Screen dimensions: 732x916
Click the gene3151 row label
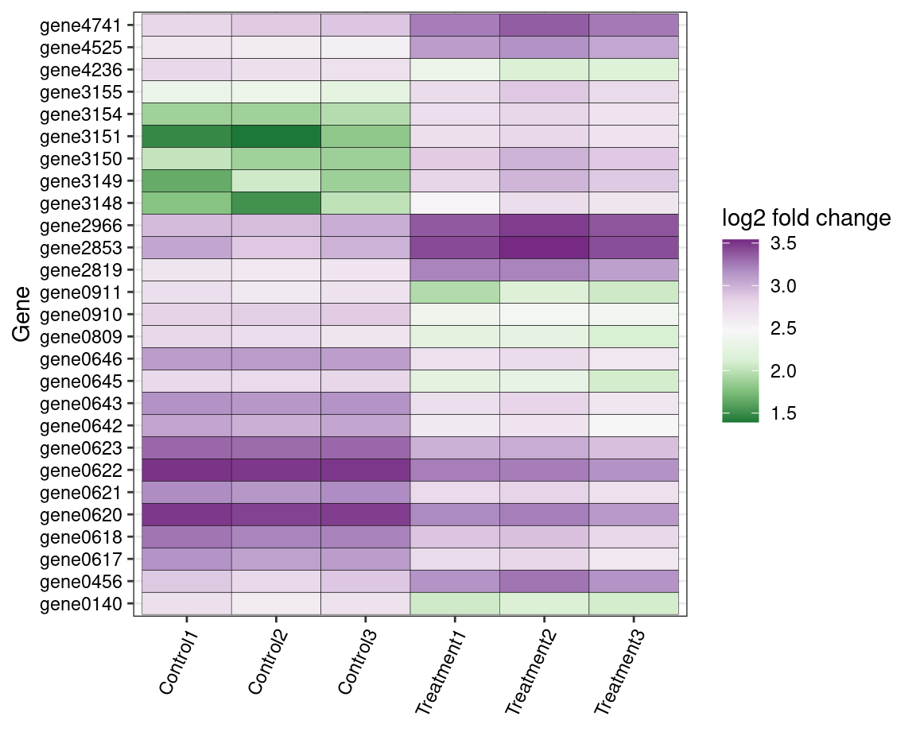tap(80, 137)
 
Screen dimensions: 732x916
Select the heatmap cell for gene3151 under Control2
tap(276, 137)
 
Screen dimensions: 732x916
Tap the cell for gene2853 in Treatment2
tap(545, 248)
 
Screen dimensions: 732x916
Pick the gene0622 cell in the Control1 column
tap(186, 471)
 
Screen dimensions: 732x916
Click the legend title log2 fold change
tap(805, 218)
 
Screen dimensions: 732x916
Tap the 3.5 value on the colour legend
tap(784, 243)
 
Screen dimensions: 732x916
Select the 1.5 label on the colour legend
tap(784, 413)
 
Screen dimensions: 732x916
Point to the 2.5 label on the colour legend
tap(784, 328)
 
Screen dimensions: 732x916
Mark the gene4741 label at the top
tap(80, 25)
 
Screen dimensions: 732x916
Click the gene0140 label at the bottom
tap(80, 604)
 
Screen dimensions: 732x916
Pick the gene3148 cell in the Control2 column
tap(276, 203)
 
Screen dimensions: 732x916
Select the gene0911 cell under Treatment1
tap(455, 292)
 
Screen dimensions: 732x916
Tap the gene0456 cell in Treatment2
tap(545, 582)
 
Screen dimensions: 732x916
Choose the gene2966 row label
tap(80, 226)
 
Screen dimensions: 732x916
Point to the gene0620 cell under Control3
tap(366, 515)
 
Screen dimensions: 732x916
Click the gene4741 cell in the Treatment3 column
tap(634, 25)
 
